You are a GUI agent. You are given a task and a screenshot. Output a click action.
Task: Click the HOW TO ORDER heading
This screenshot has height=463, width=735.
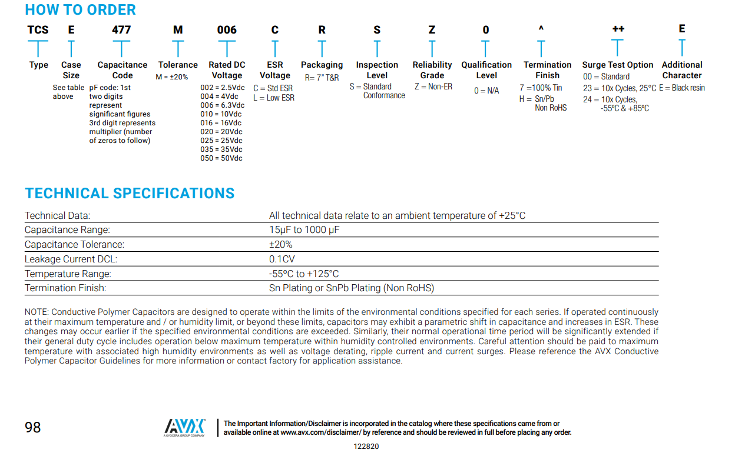(80, 10)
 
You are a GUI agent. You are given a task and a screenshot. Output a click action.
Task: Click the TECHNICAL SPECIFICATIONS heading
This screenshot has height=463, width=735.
(130, 194)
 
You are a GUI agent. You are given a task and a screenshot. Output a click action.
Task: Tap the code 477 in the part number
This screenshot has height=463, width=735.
(121, 30)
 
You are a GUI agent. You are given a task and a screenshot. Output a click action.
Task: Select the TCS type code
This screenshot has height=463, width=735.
(38, 30)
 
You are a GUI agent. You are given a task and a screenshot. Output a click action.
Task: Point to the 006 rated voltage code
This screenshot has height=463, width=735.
(227, 30)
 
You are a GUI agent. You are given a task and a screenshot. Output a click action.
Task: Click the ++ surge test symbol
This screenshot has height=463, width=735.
(618, 29)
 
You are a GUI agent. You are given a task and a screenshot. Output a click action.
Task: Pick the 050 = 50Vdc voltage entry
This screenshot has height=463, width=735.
(221, 158)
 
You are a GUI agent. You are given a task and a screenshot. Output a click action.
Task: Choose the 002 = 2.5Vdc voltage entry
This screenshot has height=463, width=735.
(222, 88)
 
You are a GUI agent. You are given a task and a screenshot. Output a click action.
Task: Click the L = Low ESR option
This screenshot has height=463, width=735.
(274, 98)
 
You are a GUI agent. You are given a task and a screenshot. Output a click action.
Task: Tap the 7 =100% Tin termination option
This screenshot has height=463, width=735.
(541, 88)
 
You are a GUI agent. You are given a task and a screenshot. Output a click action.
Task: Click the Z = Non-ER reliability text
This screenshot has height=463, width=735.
(433, 87)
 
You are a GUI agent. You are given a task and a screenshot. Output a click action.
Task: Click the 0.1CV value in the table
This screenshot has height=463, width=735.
(282, 259)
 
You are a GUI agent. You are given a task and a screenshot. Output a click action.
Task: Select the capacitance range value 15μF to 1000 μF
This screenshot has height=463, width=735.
(304, 230)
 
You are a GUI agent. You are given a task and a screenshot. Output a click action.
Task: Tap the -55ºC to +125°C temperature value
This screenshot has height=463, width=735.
(304, 274)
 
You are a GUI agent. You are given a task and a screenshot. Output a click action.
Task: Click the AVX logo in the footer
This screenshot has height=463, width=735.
(184, 427)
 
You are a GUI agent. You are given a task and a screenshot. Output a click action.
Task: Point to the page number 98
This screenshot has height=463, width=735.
(33, 427)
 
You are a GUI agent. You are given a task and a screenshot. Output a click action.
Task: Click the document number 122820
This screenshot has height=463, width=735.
(366, 447)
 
